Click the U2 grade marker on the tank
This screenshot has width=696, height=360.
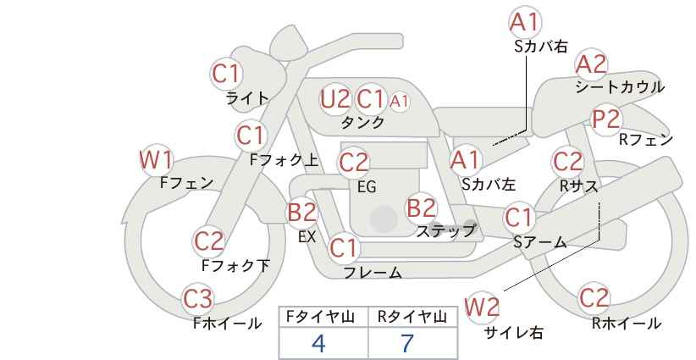point(335,99)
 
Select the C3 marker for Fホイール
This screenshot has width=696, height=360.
point(198,299)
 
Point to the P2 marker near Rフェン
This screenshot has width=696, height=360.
point(606,119)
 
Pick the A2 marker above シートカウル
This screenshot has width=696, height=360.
point(591,65)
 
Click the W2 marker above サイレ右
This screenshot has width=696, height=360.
point(482,307)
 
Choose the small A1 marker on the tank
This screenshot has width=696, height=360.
point(399,102)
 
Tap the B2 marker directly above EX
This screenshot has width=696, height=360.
point(302,212)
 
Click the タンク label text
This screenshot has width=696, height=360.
point(362,122)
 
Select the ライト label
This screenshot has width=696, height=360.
point(247,98)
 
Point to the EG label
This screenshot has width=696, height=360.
point(367,187)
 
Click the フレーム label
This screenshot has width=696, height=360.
point(373,273)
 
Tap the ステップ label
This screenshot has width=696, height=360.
point(445,231)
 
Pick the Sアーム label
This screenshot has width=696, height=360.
point(539,242)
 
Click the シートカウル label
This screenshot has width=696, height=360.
point(620,87)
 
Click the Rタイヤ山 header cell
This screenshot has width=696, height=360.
point(413,317)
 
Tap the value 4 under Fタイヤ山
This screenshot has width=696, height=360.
point(318,343)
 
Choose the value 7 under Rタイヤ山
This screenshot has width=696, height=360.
point(407,343)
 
